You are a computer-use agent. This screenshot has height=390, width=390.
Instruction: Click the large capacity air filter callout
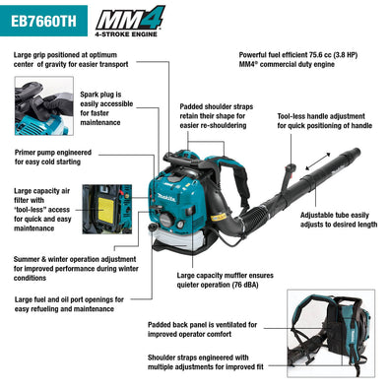[41, 209]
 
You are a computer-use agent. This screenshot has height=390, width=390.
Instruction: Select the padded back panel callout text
[203, 329]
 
